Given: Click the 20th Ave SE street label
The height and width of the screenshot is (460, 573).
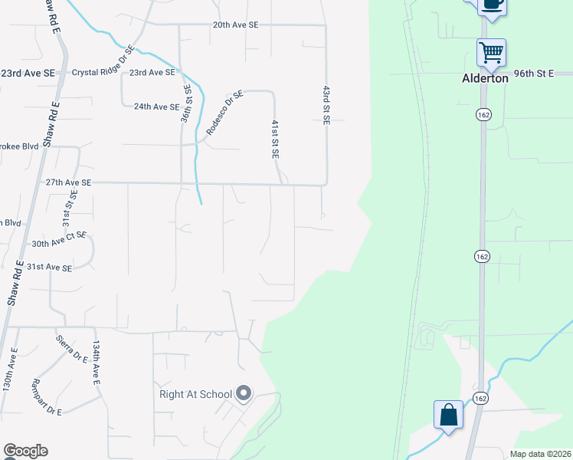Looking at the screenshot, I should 235,25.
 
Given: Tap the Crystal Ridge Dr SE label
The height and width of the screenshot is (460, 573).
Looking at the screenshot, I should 103,62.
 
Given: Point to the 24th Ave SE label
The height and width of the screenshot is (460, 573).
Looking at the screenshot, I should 156,107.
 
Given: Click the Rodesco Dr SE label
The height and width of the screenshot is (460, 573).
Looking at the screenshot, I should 224,111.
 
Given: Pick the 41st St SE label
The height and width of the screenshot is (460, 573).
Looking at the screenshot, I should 275,139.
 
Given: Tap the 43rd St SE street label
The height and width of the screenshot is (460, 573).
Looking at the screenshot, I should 326,103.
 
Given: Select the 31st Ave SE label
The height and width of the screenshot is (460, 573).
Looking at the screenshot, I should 50,268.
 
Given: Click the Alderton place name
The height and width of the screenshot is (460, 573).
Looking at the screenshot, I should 484,78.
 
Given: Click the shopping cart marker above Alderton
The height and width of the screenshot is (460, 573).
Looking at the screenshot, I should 491,53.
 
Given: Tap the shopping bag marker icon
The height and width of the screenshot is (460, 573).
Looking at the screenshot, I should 449,415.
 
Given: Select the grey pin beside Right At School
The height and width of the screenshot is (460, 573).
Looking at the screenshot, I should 244,394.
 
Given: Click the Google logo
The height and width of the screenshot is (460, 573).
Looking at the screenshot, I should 25,451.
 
